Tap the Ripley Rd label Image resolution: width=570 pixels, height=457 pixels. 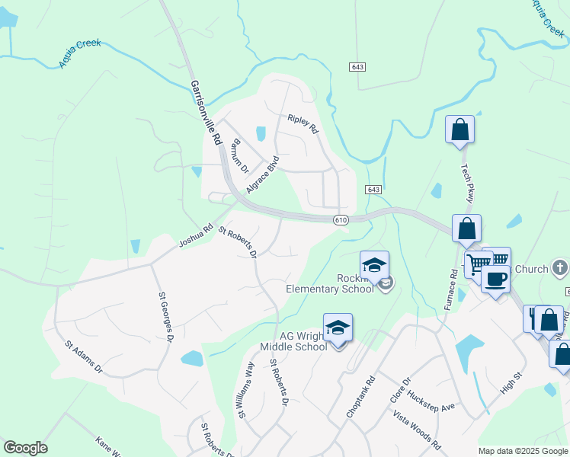coord(302,124)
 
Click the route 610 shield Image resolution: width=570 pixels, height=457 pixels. coord(341,219)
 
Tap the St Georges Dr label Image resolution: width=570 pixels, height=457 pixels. coord(165,315)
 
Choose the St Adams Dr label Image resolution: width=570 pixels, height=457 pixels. coord(83,357)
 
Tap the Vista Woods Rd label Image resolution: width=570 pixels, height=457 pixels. coord(417,429)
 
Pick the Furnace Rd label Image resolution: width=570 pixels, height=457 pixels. coord(452,289)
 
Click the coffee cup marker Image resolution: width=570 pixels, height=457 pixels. coord(495,280)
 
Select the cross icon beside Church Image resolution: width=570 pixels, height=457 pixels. coord(560,268)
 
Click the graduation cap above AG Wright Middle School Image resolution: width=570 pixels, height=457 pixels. coord(338,328)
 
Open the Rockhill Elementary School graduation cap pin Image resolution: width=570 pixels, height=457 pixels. coord(374,265)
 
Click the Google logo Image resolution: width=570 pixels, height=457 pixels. coord(25,448)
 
